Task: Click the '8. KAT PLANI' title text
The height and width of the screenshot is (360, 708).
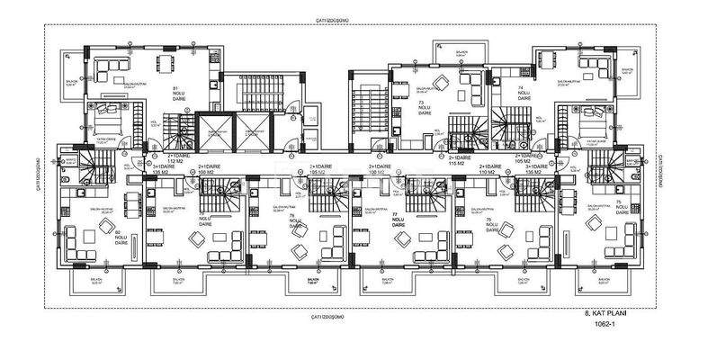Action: tap(598, 314)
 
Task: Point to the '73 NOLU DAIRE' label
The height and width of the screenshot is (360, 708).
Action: tap(421, 110)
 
